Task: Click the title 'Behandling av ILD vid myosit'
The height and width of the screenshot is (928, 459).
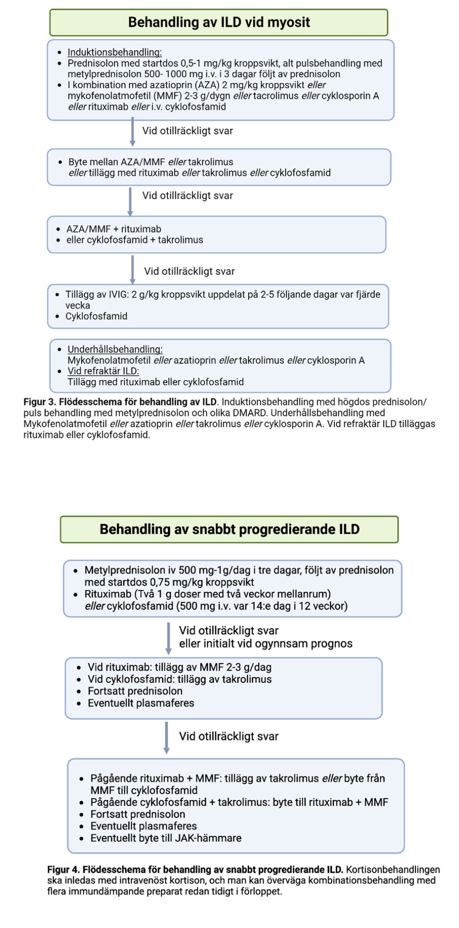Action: point(219,22)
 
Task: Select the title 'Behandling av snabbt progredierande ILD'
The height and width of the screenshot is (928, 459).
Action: point(229,529)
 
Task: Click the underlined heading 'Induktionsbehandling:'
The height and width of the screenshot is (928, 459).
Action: point(115,52)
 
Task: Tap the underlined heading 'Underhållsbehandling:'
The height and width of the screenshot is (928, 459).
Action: point(115,349)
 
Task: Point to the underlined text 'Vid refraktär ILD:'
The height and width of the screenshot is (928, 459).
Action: point(103,371)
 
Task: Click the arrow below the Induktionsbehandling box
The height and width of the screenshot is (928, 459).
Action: point(132,132)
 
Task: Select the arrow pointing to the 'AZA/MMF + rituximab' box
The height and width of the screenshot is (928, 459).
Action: point(130,201)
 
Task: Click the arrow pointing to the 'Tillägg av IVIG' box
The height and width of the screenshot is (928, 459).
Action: point(132,270)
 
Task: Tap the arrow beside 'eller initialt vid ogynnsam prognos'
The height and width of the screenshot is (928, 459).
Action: point(168,638)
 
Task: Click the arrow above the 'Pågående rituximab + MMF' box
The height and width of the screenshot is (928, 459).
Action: point(166,737)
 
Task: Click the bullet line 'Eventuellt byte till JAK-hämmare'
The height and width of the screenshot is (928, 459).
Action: point(166,838)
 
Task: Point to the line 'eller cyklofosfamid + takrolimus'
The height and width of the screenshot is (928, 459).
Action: point(135,240)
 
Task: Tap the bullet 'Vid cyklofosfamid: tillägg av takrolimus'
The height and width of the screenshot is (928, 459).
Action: point(179,679)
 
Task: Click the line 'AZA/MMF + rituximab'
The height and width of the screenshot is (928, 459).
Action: point(114,229)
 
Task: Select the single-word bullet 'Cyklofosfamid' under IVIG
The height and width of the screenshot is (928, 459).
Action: point(96,316)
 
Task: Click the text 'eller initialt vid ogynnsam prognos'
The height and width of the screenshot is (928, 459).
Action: point(266,643)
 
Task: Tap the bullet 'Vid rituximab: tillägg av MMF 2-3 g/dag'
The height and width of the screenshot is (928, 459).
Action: point(179,667)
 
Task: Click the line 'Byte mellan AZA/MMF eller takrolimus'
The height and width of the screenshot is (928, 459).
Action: point(151,162)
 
